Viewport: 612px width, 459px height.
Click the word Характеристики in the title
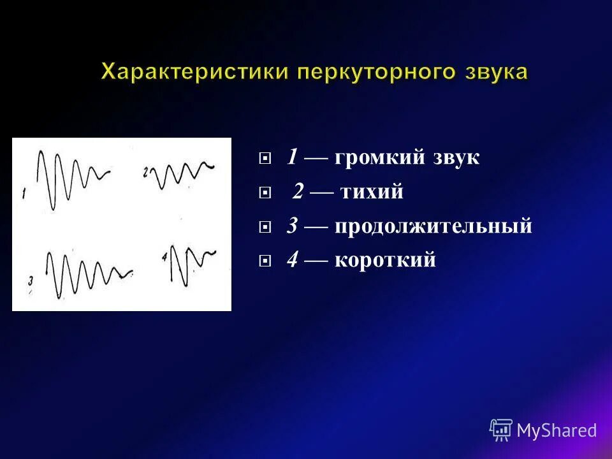point(194,71)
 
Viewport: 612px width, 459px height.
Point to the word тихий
point(372,192)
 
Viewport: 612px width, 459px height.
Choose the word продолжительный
point(433,226)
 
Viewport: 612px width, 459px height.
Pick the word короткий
point(385,260)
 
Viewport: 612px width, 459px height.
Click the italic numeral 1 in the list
point(293,157)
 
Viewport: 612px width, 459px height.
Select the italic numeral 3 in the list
point(293,226)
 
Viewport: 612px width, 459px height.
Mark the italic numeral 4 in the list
point(293,260)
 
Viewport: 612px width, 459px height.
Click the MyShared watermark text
point(557,430)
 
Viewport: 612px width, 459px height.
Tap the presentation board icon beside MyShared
point(501,430)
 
